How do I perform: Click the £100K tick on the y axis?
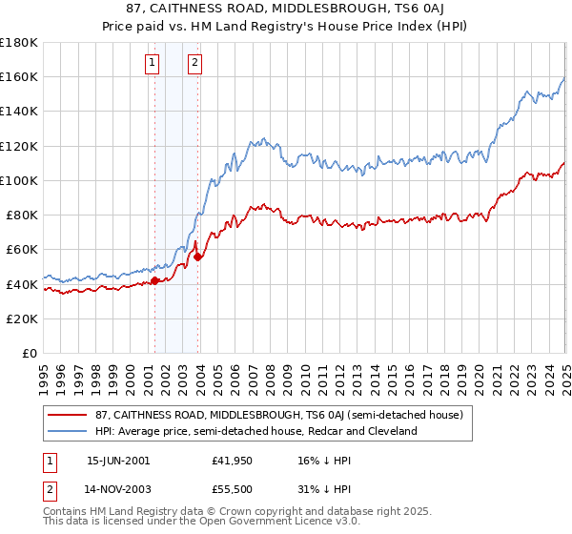19,180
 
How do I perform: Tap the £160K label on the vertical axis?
19,76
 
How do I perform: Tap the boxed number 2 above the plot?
194,64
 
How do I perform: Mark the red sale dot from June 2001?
154,280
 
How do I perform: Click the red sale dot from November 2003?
197,257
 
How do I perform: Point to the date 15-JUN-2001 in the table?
118,460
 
